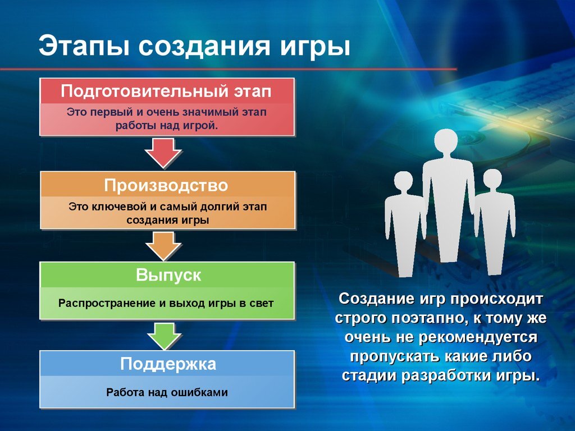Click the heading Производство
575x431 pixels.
[x=166, y=185]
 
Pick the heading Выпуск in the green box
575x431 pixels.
[x=168, y=276]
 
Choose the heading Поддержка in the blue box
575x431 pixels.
[x=168, y=364]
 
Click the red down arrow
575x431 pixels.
[x=163, y=153]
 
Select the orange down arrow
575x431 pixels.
[x=163, y=245]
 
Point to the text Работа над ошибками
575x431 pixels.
[x=167, y=392]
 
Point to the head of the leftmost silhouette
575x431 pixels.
[x=404, y=182]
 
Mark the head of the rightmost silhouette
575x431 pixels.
[x=492, y=180]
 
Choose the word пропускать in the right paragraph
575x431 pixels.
[x=383, y=357]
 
